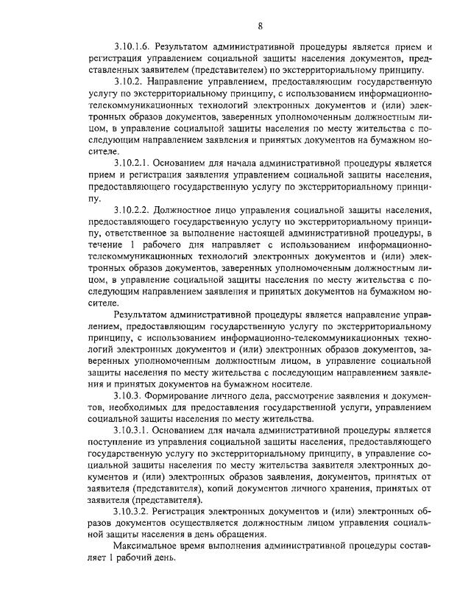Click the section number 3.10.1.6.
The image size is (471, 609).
tap(135, 46)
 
